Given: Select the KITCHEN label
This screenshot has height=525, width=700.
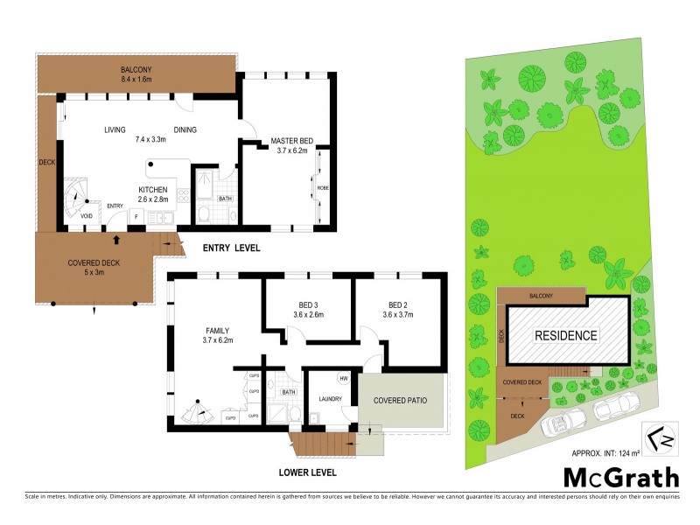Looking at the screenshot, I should tap(153, 190).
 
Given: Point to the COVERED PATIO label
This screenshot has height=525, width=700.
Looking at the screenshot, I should tap(402, 400).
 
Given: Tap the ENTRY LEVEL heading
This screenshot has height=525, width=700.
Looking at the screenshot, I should tap(232, 248).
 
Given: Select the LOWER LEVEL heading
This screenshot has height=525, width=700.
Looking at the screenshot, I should tap(307, 472).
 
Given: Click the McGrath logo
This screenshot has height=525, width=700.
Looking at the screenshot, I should tap(621, 477).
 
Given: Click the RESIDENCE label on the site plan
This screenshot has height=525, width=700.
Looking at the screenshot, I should tap(566, 335).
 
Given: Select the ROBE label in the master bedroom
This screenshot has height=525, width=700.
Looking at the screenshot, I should tap(321, 186).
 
